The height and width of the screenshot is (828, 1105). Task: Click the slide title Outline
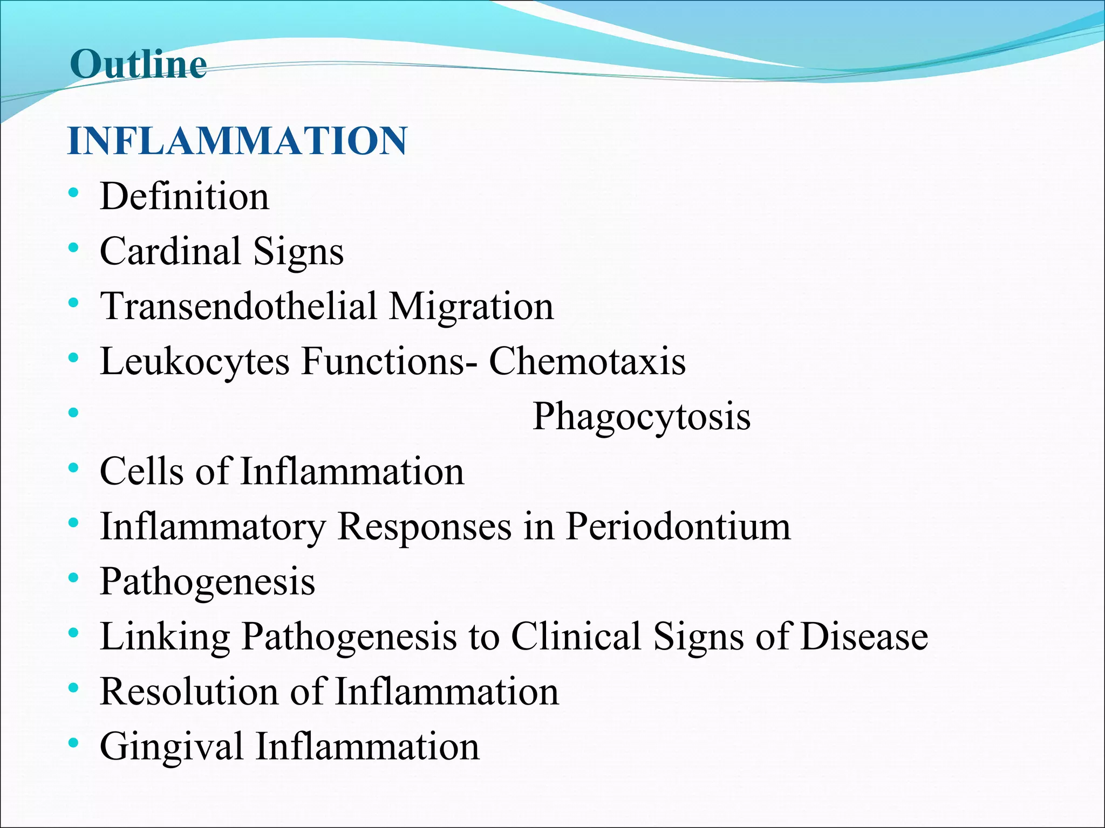pos(138,64)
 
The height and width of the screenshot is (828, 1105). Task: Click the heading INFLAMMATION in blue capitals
pos(237,141)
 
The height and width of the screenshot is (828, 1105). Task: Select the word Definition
pos(185,196)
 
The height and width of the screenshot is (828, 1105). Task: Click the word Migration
pos(471,306)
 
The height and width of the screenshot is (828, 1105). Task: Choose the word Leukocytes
pos(195,361)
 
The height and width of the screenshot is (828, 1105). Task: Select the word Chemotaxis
pos(587,361)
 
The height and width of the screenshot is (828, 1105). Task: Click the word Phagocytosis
pos(642,417)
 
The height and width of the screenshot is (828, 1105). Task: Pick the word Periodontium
pos(678,526)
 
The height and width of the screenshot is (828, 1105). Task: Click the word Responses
pos(424,526)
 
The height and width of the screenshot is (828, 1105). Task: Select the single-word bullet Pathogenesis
pos(208,582)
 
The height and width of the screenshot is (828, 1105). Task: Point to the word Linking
pos(165,637)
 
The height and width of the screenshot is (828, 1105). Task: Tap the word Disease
pos(864,636)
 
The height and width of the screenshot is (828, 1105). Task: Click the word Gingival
pos(172,747)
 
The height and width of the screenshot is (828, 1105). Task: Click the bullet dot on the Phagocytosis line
pos(74,413)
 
